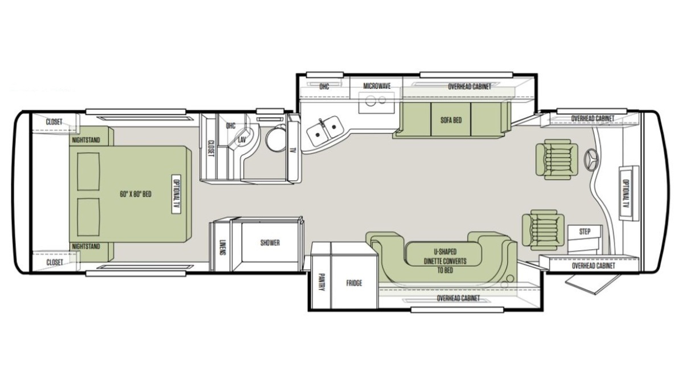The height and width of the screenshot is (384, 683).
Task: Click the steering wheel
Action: tap(591, 159)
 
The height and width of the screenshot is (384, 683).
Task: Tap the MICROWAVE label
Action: tap(377, 86)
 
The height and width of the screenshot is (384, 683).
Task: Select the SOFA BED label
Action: tap(451, 120)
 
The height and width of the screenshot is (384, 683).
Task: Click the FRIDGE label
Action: tap(354, 283)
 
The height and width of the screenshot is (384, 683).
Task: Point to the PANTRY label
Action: tap(321, 282)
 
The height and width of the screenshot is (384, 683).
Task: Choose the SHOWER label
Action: tap(270, 243)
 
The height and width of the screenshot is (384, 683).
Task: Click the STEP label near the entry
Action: tap(585, 232)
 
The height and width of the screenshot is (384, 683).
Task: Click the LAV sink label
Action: tap(242, 140)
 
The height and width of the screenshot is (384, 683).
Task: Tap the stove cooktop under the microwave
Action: tap(376, 102)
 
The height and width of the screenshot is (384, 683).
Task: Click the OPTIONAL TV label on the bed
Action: tap(176, 194)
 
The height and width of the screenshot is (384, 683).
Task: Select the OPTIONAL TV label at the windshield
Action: tap(625, 193)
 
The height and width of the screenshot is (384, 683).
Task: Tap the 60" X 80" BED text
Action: tap(135, 194)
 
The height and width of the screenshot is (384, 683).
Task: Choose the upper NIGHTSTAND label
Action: tap(86, 140)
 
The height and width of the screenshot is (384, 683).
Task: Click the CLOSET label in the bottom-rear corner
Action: tap(55, 262)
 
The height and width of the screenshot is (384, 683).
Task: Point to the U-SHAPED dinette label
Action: tap(445, 251)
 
